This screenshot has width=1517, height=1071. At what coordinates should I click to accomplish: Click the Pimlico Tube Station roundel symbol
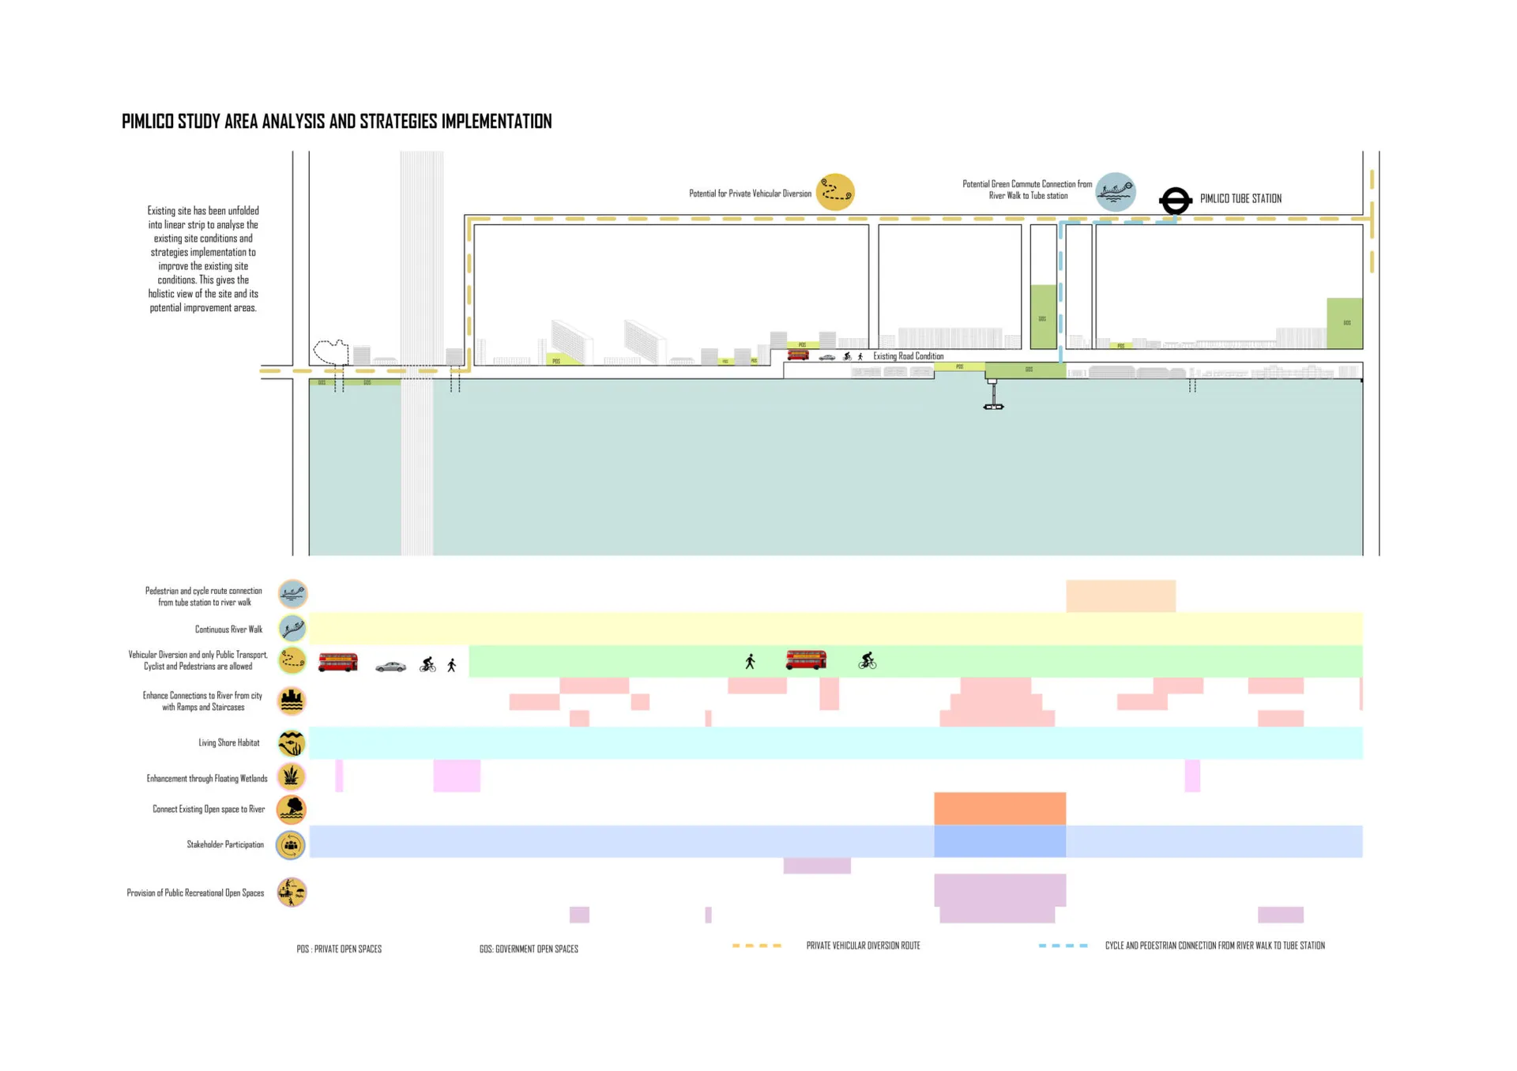pos(1175,201)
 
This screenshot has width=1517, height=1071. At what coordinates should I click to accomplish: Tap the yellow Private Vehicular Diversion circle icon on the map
pos(835,192)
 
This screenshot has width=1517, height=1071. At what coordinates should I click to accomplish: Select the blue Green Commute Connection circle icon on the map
pos(1115,192)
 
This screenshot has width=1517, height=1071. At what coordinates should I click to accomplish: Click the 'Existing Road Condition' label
pos(908,356)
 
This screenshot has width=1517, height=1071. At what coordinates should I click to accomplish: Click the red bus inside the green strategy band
pos(806,660)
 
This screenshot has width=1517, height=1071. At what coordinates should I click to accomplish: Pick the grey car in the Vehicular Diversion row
pos(390,667)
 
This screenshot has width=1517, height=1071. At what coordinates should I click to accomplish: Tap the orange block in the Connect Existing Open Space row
pos(999,808)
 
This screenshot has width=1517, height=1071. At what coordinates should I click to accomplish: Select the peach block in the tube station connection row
pos(1120,596)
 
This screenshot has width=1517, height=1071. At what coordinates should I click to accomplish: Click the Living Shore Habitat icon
pos(292,742)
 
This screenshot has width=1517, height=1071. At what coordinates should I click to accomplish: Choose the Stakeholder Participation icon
pos(291,845)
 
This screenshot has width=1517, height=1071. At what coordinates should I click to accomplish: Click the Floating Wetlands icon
pos(292,776)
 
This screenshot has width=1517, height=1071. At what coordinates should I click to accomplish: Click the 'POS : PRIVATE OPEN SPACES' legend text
pos(339,949)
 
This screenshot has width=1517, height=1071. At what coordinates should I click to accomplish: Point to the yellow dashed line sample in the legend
pos(756,945)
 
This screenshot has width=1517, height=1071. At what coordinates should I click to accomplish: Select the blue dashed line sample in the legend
pos(1063,945)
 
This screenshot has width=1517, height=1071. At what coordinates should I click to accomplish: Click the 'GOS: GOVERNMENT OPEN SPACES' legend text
pos(529,949)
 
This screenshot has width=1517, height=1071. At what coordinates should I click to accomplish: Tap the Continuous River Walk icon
pos(292,629)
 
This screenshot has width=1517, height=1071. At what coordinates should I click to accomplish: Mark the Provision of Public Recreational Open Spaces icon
pos(292,892)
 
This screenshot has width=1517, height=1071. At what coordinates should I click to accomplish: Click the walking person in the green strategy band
pos(750,661)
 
